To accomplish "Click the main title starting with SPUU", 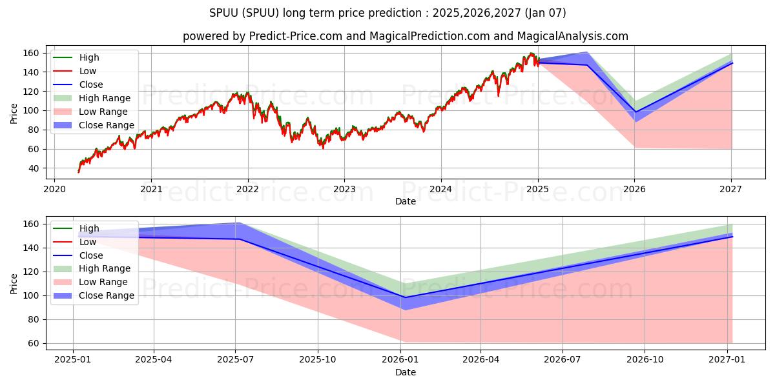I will (387, 12).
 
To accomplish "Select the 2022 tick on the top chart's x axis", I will (247, 189).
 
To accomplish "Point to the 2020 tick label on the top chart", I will (54, 189).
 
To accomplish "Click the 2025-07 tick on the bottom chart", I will (236, 361).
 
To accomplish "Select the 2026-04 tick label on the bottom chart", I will (482, 361).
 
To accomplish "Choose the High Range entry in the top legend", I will (105, 98).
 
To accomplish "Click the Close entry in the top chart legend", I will (91, 84).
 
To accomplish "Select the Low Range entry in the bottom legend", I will (103, 282).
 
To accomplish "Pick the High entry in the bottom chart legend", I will (89, 228).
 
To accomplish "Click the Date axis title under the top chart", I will (405, 201).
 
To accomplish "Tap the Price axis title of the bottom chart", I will (14, 283).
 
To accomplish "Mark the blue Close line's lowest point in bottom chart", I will (404, 297).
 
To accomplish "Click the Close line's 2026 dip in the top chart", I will (635, 112).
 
